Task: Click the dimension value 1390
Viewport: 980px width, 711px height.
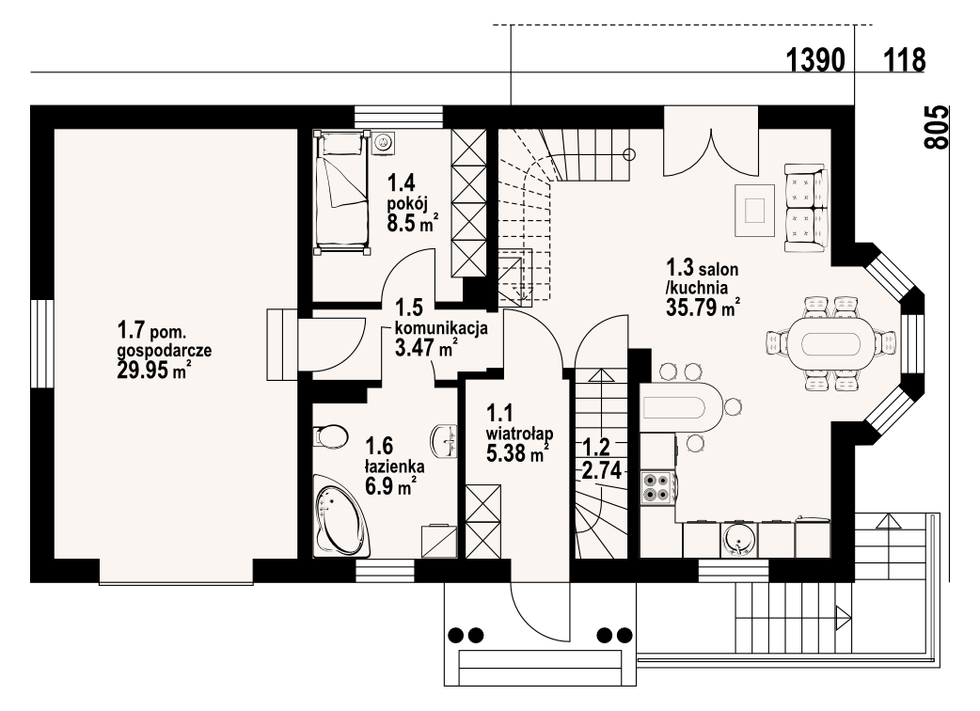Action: [x=815, y=60]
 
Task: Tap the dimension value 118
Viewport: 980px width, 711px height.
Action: [x=905, y=60]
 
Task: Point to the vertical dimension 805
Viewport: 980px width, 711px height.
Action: [x=936, y=128]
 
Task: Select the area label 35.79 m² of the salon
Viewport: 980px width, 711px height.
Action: [x=703, y=308]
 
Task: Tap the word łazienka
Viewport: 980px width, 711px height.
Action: [x=395, y=466]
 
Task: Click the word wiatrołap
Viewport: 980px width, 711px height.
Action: [x=519, y=433]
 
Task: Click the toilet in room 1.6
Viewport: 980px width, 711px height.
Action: [x=331, y=436]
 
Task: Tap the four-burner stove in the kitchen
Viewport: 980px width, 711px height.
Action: [x=656, y=488]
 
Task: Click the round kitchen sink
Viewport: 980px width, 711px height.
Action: [x=739, y=539]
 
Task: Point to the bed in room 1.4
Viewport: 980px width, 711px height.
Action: [x=341, y=191]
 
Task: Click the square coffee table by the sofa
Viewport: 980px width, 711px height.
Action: [x=755, y=211]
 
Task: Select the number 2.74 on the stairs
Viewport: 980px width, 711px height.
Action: [x=602, y=470]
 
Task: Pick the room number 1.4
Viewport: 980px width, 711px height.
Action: [x=402, y=183]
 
